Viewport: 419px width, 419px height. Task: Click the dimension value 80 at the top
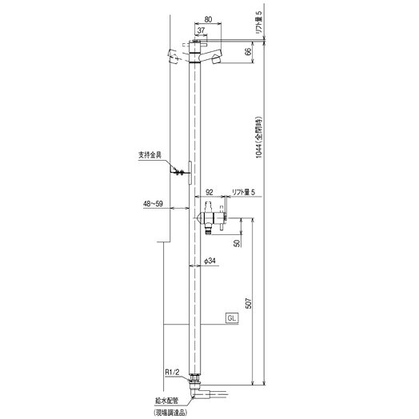tap(208, 19)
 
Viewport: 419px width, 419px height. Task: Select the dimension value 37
tap(201, 30)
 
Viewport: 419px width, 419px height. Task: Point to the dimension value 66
tap(249, 51)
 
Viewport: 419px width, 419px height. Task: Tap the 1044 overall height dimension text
tap(259, 138)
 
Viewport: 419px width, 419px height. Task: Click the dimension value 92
tap(209, 192)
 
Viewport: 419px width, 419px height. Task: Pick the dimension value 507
tap(249, 303)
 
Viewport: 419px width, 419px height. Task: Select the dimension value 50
tap(237, 243)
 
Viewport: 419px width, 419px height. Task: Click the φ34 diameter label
tap(209, 261)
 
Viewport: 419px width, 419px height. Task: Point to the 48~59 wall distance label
tap(153, 204)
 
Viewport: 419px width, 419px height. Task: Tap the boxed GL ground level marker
tap(232, 318)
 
